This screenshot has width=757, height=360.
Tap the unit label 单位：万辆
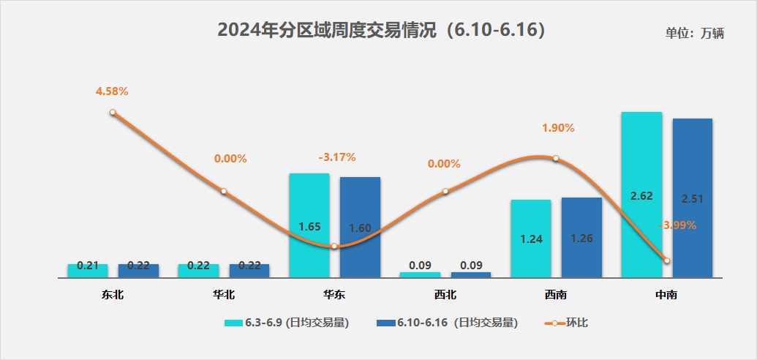(x=694, y=33)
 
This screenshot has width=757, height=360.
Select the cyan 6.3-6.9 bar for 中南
(x=641, y=195)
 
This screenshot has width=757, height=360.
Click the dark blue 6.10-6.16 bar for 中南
(x=692, y=198)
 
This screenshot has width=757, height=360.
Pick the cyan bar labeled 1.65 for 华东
(x=309, y=225)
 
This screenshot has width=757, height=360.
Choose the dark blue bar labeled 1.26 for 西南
(x=581, y=237)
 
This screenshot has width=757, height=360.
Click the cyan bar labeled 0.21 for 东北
(x=88, y=270)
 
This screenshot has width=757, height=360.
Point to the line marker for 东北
(x=113, y=112)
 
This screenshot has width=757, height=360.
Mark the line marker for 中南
(x=666, y=260)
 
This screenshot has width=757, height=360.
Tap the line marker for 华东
(x=334, y=246)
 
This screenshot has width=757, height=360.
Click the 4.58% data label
(x=112, y=91)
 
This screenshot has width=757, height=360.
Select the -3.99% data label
(x=677, y=225)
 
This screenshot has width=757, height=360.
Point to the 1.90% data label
(x=558, y=127)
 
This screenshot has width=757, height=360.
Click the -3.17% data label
(x=337, y=157)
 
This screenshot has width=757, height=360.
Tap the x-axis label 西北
(x=445, y=296)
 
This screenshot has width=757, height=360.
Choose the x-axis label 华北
(x=224, y=296)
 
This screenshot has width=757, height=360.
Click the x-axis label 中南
(x=666, y=296)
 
